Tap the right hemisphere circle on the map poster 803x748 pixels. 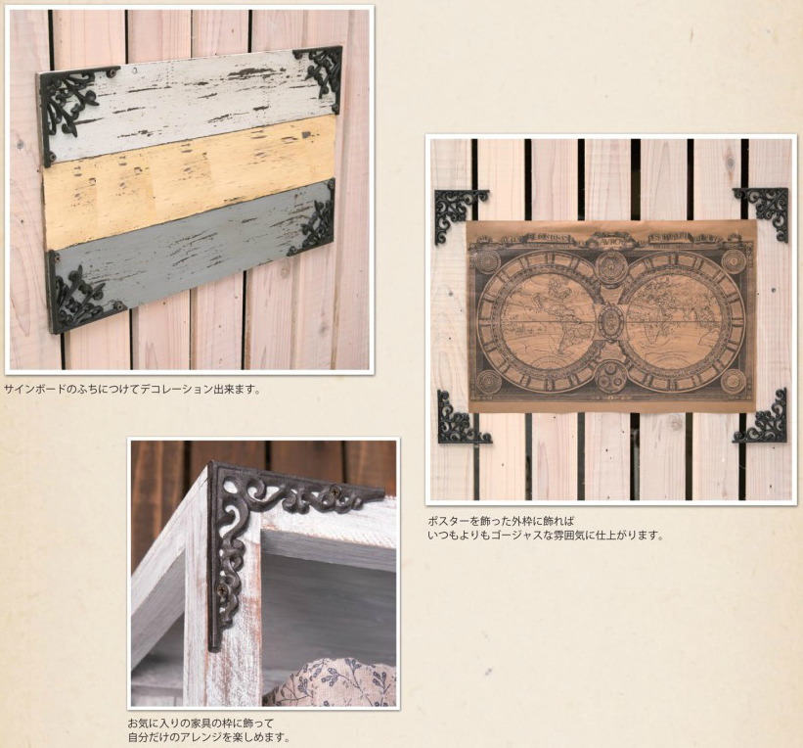point(683,316)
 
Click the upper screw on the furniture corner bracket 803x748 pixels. point(335,491)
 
